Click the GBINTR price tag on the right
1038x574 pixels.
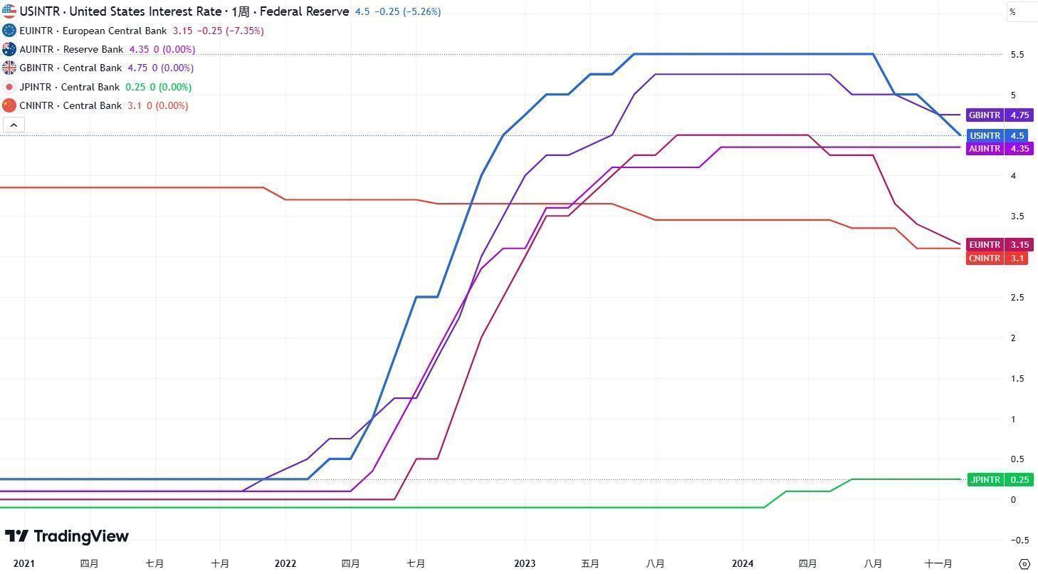tap(998, 115)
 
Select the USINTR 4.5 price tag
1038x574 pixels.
tap(998, 136)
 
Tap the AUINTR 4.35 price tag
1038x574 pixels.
tap(998, 149)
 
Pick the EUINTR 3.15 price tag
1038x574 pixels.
tap(998, 245)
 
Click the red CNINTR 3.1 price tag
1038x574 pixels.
tap(997, 259)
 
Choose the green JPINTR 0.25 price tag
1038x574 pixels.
tap(998, 480)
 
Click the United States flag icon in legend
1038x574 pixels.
tap(9, 11)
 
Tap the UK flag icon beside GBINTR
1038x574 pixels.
tap(9, 68)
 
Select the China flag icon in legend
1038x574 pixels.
tap(9, 105)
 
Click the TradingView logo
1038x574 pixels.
tap(67, 536)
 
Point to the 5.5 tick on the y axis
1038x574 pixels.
tap(1017, 55)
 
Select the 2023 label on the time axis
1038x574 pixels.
tap(525, 564)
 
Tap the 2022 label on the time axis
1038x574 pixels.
tap(285, 564)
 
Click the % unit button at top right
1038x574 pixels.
tap(1013, 12)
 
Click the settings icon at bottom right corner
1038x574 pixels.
tap(1024, 564)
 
